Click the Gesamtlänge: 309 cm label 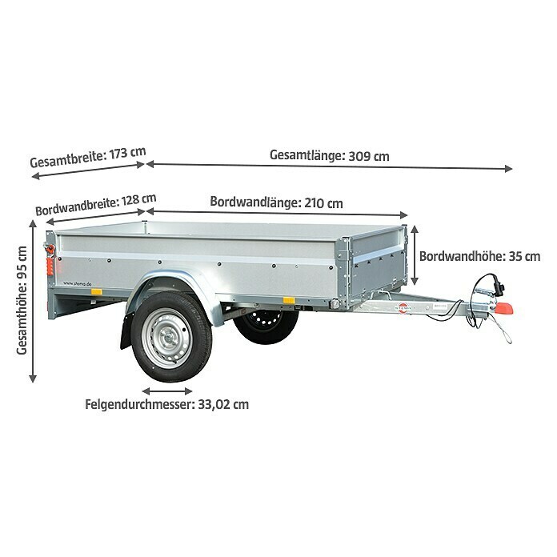click(329, 155)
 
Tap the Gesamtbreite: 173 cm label click(88, 157)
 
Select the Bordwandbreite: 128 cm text click(95, 205)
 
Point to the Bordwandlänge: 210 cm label click(276, 202)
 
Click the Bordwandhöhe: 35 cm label click(479, 256)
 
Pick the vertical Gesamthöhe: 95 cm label click(22, 300)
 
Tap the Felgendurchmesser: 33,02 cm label click(166, 404)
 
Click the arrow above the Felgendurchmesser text click(167, 391)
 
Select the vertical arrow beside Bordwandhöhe click(415, 255)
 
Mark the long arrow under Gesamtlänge click(329, 166)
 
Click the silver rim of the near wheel click(167, 339)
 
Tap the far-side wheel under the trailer click(266, 326)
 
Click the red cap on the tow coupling click(503, 308)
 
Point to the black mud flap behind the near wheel click(126, 331)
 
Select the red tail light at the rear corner click(50, 266)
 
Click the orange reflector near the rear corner click(96, 292)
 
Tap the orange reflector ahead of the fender click(289, 300)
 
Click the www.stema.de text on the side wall click(77, 283)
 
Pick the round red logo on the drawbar click(403, 307)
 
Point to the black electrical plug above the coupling click(500, 289)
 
